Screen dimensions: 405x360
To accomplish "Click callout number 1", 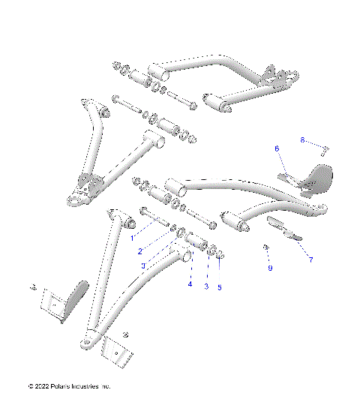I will coord(132,238).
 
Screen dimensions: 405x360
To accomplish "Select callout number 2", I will coord(140,251).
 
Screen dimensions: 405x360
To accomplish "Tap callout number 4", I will coord(190,284).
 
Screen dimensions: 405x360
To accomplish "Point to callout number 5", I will coord(219,286).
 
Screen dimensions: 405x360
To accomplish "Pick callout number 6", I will coord(276,149).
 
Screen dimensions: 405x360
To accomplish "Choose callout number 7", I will coord(310,259).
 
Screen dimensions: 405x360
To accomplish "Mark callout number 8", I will coord(302,139).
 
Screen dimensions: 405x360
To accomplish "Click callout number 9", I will coord(270,267).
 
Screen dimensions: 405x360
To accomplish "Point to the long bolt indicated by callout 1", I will coord(151,220).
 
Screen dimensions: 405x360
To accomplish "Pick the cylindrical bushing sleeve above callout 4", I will coord(199,243).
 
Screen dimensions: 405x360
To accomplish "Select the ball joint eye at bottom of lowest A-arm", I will coord(88,341).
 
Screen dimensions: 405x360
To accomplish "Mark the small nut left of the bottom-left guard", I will coord(33,287).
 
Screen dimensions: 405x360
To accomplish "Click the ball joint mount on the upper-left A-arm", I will coord(80,196).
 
